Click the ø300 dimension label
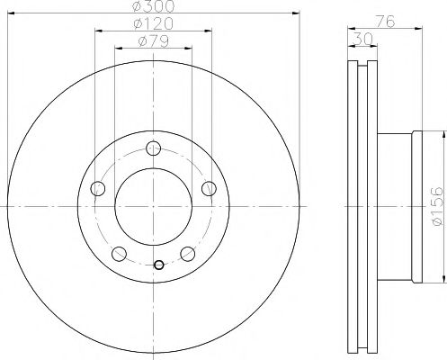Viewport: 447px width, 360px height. [153, 6]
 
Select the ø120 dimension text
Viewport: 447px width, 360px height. [154, 23]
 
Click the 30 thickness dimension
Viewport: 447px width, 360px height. [363, 39]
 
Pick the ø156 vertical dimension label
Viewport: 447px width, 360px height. [436, 206]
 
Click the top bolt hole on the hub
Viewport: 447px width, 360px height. [154, 148]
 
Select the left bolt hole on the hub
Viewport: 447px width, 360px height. [98, 189]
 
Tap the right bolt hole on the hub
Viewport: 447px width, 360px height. [209, 189]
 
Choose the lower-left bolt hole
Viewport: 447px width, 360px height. [119, 254]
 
